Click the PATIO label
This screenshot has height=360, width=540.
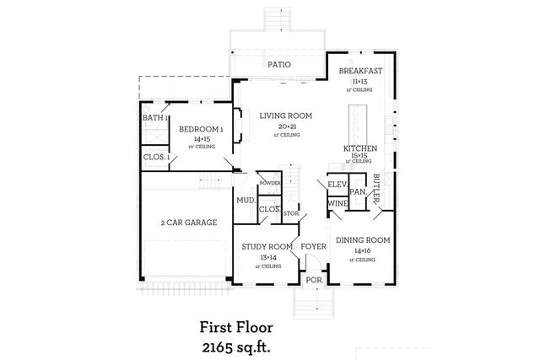(x=279, y=64)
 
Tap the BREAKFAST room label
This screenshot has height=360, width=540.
(x=361, y=72)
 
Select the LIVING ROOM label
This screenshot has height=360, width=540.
(x=286, y=116)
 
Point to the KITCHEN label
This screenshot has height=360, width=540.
(x=359, y=148)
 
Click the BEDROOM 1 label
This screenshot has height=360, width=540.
(x=201, y=129)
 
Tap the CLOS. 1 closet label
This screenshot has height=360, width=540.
(x=156, y=157)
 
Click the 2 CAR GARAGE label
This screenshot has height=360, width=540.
(x=189, y=223)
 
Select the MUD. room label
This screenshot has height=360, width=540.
(x=246, y=201)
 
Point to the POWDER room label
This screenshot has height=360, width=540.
(x=270, y=183)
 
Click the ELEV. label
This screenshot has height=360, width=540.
(x=338, y=184)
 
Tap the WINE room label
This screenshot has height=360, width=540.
(x=337, y=203)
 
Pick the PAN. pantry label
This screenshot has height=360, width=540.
(x=358, y=192)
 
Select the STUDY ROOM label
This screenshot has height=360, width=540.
(x=267, y=246)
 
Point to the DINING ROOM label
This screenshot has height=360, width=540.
(x=363, y=240)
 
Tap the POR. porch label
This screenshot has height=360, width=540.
(x=314, y=279)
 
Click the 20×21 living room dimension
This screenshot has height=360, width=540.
(x=286, y=126)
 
